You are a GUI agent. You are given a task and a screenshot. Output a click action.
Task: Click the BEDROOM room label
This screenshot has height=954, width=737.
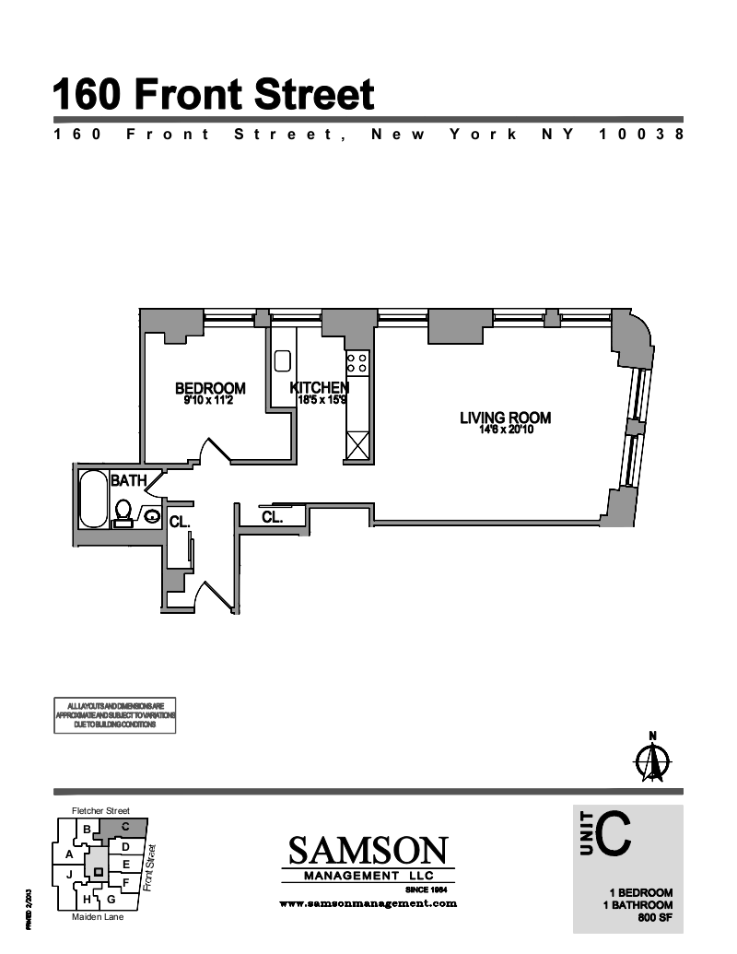coord(210,388)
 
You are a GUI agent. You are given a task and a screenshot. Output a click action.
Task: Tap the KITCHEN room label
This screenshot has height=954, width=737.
coord(319,388)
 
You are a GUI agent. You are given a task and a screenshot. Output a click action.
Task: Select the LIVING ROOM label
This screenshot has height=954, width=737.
coord(505,418)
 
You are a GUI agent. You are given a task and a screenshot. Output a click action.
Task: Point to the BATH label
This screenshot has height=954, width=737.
coord(128,480)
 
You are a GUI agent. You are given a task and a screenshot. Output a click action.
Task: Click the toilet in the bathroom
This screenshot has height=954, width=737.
coord(123,512)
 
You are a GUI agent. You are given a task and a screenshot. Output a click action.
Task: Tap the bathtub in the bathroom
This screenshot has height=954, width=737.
coord(93,499)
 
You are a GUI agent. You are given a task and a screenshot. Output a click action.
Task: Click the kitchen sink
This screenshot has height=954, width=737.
coord(283,360)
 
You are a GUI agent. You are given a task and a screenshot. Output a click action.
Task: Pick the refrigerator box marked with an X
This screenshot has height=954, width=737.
coord(357,446)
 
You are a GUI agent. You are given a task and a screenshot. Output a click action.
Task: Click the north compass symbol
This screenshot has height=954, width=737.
coord(653,760)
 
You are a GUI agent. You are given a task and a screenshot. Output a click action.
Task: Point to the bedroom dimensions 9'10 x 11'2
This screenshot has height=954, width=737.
coord(210,400)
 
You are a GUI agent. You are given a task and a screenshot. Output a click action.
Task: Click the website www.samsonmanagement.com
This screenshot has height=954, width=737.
coord(368,904)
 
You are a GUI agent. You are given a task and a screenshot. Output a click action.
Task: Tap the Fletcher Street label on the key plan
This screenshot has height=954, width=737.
coord(100,811)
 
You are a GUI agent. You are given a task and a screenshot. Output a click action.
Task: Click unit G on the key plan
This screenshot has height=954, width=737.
coord(111,899)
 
